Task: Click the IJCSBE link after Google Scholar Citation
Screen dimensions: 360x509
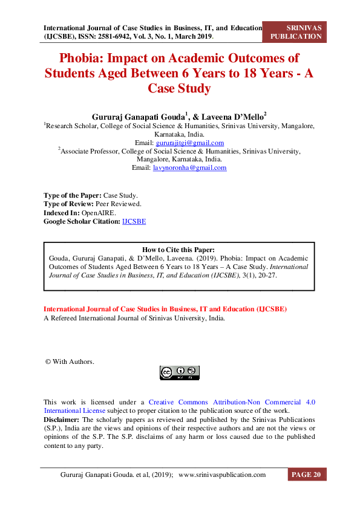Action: click(x=134, y=222)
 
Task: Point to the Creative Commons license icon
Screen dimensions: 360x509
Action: click(x=179, y=372)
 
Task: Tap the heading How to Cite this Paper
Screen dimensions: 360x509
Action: click(x=178, y=250)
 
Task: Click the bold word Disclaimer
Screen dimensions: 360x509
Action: click(x=61, y=419)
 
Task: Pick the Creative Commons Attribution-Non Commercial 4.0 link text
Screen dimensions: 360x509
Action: click(x=232, y=402)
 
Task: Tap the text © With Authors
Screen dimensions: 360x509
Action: click(x=70, y=361)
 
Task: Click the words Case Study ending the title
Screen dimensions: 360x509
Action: click(x=179, y=88)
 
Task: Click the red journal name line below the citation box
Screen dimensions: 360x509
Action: click(x=165, y=309)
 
